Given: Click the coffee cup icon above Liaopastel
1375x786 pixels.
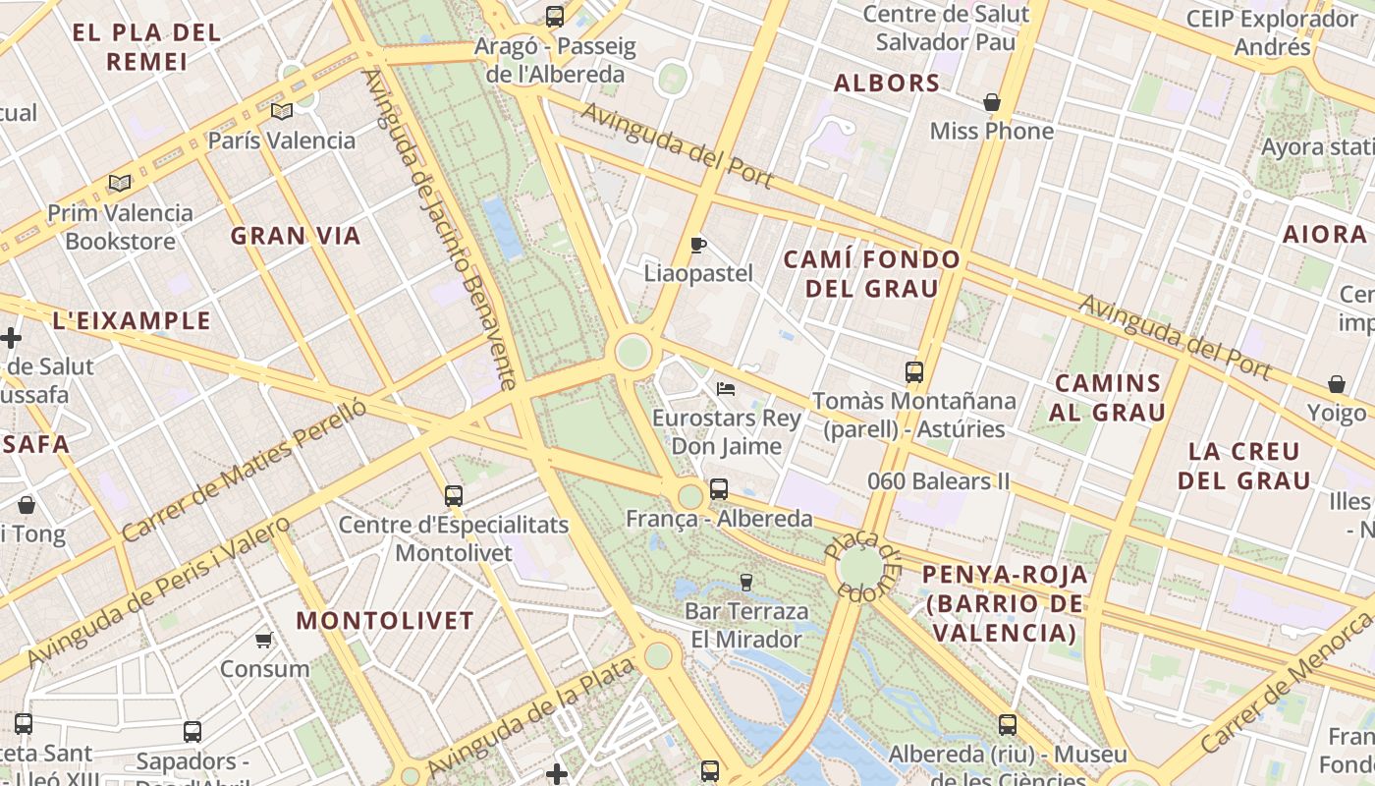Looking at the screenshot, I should coord(698,245).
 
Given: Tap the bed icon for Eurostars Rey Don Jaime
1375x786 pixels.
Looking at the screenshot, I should coord(726,389).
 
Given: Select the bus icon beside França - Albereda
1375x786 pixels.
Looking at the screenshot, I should coord(719,488).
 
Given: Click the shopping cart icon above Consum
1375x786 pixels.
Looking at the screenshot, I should coord(263,641).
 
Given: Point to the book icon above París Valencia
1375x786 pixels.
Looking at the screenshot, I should coord(282,112).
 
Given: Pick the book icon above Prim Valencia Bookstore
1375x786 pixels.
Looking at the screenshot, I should coord(120,184).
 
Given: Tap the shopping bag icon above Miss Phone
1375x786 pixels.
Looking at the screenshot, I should coord(992,102).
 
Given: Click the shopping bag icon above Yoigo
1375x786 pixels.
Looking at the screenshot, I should coord(1336,384).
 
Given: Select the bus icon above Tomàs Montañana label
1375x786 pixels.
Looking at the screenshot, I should coord(914,372).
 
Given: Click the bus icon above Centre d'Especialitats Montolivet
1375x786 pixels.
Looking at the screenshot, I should coord(453,495).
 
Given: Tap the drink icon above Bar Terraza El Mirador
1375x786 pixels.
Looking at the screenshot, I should coord(746,583).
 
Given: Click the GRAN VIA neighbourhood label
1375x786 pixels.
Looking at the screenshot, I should coord(296,236).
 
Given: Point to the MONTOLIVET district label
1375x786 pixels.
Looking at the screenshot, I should coord(385,621).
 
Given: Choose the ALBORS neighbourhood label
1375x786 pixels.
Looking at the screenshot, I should coord(887,84).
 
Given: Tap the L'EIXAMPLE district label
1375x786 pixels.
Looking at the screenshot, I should coord(132,321).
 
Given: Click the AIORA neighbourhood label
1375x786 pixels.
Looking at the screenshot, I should coord(1325,234).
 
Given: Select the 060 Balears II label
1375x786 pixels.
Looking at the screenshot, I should coord(939,481).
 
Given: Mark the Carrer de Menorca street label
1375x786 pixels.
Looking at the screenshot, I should coord(1287,680).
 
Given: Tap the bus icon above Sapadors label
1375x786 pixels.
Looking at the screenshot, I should coord(192,732).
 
